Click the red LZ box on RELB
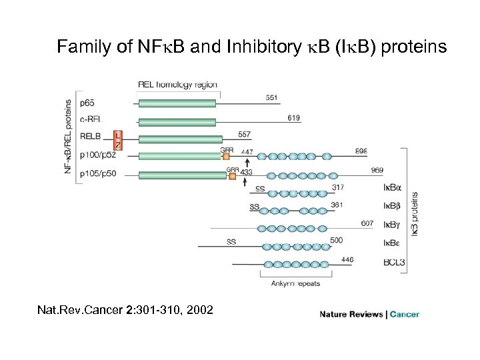pyautogui.click(x=118, y=139)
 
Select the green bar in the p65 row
pyautogui.click(x=177, y=103)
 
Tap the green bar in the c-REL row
pyautogui.click(x=177, y=122)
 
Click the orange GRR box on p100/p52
pyautogui.click(x=226, y=157)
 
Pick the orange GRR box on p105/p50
pyautogui.click(x=233, y=175)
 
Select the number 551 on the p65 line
pyautogui.click(x=271, y=98)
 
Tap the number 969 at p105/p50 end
pyautogui.click(x=377, y=171)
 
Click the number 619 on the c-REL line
pyautogui.click(x=293, y=117)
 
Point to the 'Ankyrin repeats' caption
pyautogui.click(x=295, y=283)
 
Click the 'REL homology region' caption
pyautogui.click(x=178, y=84)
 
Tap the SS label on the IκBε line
pyautogui.click(x=231, y=241)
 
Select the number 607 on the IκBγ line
pyautogui.click(x=367, y=223)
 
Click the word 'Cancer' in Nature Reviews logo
pyautogui.click(x=405, y=314)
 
